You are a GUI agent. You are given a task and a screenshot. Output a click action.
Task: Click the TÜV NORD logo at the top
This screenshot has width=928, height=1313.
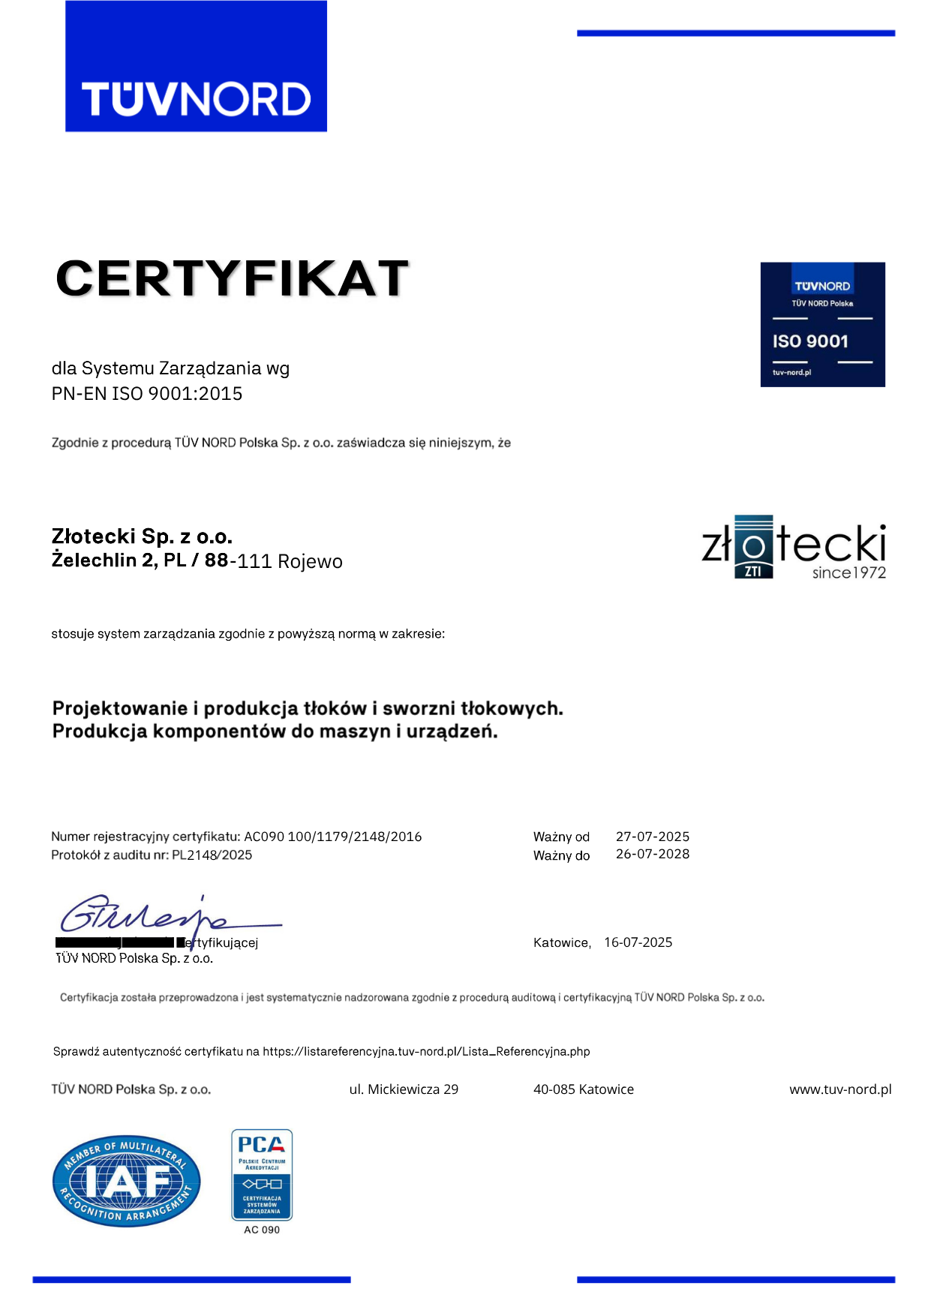click(x=196, y=67)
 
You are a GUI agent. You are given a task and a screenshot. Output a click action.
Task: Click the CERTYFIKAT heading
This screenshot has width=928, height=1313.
click(x=232, y=278)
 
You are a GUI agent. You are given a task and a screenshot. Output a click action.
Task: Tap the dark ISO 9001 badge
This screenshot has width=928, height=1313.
click(x=822, y=324)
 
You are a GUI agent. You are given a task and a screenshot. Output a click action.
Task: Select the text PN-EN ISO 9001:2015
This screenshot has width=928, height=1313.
click(x=147, y=394)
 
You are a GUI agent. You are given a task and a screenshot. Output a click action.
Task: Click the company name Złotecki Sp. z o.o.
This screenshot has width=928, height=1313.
click(x=142, y=536)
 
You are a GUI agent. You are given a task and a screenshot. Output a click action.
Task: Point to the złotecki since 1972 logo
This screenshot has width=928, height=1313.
click(x=793, y=548)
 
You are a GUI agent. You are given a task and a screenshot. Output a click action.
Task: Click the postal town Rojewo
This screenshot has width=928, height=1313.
click(x=310, y=561)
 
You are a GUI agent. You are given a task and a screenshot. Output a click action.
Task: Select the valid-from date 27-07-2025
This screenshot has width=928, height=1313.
click(x=652, y=837)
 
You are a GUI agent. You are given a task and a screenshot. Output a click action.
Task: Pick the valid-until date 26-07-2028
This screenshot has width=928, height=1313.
click(x=652, y=854)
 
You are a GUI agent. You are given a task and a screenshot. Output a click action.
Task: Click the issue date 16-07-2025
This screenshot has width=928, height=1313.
click(x=638, y=942)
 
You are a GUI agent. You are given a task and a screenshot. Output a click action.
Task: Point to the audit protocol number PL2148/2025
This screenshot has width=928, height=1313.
click(x=212, y=855)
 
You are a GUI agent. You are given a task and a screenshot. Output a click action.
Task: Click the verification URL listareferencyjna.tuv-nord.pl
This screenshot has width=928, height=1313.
click(x=426, y=1051)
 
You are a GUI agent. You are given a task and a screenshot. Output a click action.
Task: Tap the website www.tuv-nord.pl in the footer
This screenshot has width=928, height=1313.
click(x=839, y=1089)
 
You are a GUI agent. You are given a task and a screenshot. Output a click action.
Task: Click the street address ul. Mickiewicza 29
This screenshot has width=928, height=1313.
click(x=404, y=1089)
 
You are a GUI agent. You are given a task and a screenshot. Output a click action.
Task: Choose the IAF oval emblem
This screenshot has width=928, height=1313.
click(x=126, y=1180)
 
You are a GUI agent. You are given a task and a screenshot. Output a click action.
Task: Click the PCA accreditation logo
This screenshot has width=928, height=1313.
click(x=261, y=1174)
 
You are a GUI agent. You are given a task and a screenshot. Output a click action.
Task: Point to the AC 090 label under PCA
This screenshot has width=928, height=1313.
click(x=261, y=1230)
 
